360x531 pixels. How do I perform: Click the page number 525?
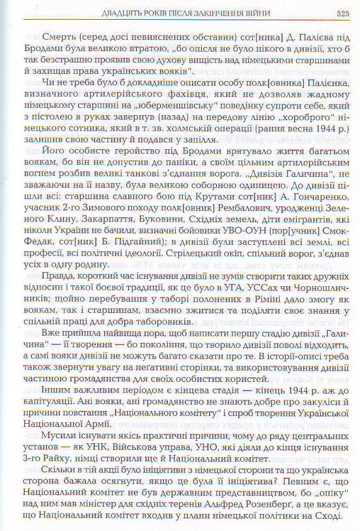pos(341,12)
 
